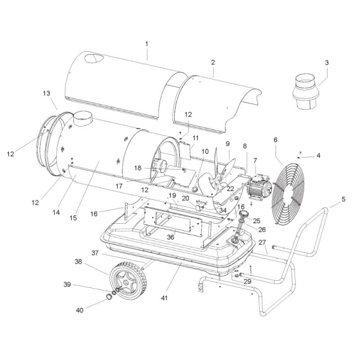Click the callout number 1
(x=147, y=44)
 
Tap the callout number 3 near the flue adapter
(x=326, y=62)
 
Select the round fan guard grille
(x=288, y=194)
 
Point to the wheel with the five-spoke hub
(x=128, y=281)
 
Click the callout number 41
(x=164, y=298)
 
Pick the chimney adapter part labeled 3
(x=305, y=92)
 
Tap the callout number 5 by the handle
(x=343, y=199)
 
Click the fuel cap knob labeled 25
(x=244, y=214)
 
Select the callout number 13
(x=46, y=93)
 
